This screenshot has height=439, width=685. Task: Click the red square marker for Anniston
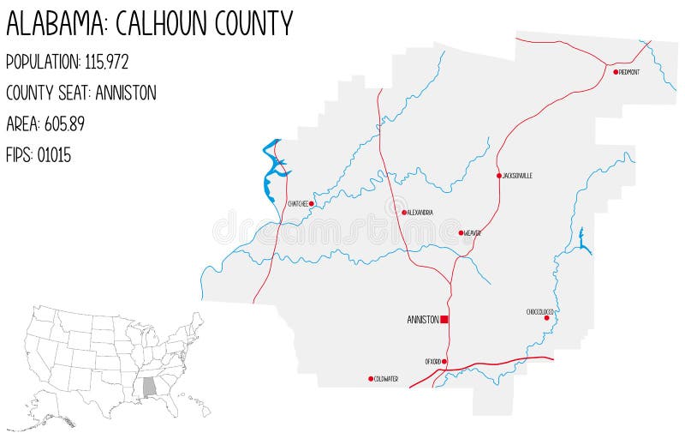click(x=444, y=320)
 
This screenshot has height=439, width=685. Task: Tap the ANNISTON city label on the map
click(x=423, y=320)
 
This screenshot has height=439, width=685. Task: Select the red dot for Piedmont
click(x=616, y=72)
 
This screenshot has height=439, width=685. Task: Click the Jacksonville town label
click(x=518, y=176)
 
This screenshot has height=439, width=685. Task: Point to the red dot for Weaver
click(x=461, y=232)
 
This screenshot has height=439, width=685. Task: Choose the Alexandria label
click(x=420, y=213)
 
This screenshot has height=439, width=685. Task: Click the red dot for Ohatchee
click(x=312, y=204)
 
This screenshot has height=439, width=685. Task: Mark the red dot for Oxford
click(x=444, y=362)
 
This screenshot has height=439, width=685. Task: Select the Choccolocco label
click(x=540, y=311)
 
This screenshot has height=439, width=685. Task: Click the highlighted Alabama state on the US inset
click(x=151, y=387)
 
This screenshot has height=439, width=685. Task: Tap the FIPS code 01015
click(x=54, y=155)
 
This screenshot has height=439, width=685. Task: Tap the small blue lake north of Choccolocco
click(x=581, y=241)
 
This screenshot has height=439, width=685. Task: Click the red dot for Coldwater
click(x=371, y=379)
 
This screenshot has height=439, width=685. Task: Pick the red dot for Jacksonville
click(x=498, y=176)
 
